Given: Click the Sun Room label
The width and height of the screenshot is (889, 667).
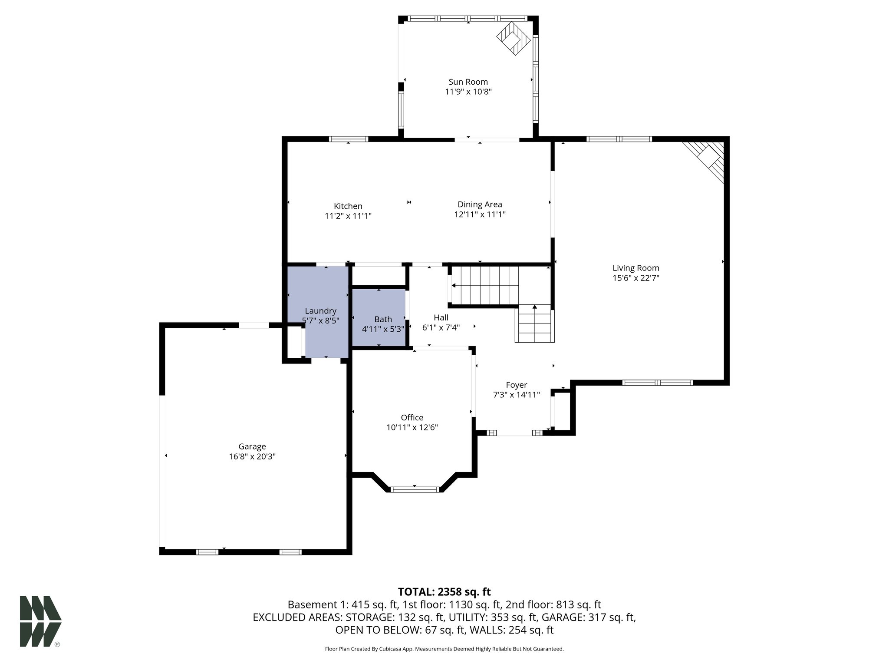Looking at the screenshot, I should [468, 82].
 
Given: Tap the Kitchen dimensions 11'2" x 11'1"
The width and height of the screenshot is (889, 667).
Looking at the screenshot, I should [348, 216].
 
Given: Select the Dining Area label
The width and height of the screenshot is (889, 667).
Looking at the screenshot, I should [480, 204].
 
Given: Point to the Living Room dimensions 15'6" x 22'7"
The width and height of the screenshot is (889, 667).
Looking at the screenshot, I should [635, 278].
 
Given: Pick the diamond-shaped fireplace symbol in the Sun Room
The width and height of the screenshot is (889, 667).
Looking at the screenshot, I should [514, 39].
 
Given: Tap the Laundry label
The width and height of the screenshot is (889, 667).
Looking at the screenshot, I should [320, 311].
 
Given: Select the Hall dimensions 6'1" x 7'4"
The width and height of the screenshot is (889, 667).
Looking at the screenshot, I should [441, 327].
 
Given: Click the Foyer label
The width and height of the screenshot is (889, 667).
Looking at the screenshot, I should [516, 385].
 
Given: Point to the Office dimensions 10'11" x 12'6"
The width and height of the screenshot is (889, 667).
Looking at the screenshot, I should [412, 427].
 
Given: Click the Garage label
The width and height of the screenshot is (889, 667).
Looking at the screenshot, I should [252, 446].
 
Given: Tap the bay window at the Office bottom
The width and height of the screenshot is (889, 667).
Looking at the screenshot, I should [415, 489].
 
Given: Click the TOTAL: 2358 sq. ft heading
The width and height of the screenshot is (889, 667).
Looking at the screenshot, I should [444, 591].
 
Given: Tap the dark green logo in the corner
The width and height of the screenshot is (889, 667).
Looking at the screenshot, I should [40, 621].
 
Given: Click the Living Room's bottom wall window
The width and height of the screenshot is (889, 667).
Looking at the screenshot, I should [657, 383].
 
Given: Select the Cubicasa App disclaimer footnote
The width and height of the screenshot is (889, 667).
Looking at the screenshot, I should [444, 649].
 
